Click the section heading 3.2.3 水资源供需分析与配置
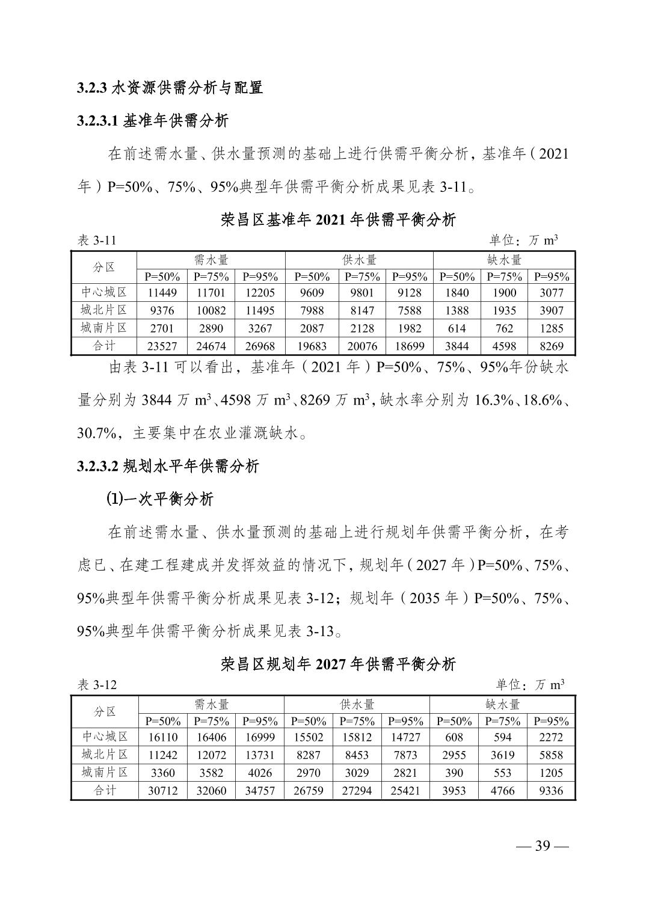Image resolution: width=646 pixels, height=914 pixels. pyautogui.click(x=170, y=88)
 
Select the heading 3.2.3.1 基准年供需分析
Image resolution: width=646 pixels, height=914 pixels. pyautogui.click(x=153, y=121)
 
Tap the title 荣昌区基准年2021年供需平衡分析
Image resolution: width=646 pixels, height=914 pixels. pyautogui.click(x=338, y=219)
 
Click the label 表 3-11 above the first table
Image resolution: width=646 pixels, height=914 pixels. pyautogui.click(x=97, y=241)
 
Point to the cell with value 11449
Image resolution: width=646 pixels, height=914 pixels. pyautogui.click(x=162, y=293)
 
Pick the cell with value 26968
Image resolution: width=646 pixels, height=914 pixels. pyautogui.click(x=260, y=346)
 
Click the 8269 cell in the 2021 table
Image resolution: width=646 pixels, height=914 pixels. pyautogui.click(x=551, y=346)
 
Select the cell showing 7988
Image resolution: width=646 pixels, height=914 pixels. pyautogui.click(x=312, y=311)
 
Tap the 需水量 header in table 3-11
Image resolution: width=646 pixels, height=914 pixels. pyautogui.click(x=211, y=260)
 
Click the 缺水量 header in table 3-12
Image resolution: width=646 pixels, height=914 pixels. pyautogui.click(x=502, y=704)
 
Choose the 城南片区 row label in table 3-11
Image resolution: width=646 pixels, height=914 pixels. pyautogui.click(x=104, y=328)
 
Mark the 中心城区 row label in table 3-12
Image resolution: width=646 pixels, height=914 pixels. pyautogui.click(x=105, y=737)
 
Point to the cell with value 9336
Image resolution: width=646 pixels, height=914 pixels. pyautogui.click(x=551, y=791)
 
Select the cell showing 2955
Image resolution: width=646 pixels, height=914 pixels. pyautogui.click(x=454, y=755)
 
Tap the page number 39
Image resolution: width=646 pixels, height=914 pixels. pyautogui.click(x=543, y=846)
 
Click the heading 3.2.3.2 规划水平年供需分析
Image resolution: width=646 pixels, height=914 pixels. pyautogui.click(x=168, y=466)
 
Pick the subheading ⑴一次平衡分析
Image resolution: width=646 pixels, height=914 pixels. pyautogui.click(x=159, y=499)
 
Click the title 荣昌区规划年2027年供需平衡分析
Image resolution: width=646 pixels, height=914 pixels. pyautogui.click(x=338, y=664)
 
